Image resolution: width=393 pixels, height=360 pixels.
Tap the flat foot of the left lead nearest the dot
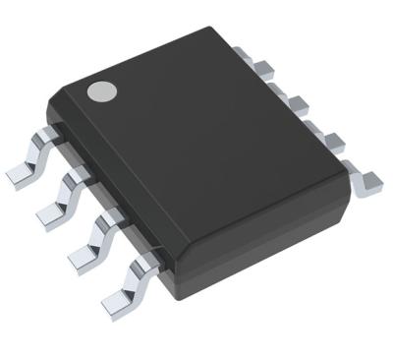tap(20, 177)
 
